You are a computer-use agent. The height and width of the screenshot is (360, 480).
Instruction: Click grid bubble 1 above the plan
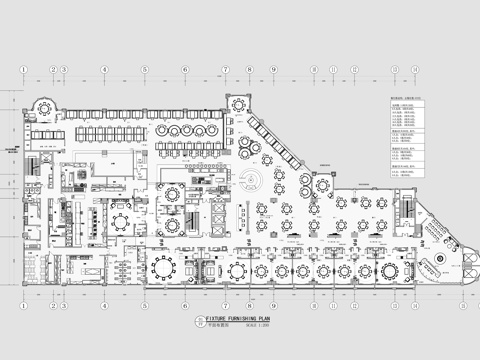23,69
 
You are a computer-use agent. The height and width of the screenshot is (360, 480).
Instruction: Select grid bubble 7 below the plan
227,306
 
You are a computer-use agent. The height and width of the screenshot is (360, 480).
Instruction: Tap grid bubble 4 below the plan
104,306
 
